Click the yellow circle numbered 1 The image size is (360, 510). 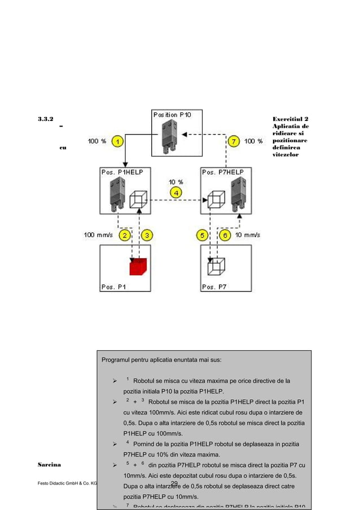pyautogui.click(x=117, y=141)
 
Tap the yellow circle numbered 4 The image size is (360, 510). pyautogui.click(x=177, y=193)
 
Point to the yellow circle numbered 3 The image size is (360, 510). pyautogui.click(x=147, y=234)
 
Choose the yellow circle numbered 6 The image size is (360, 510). pyautogui.click(x=225, y=234)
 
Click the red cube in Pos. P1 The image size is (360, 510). pyautogui.click(x=138, y=265)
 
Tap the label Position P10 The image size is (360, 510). pyautogui.click(x=172, y=115)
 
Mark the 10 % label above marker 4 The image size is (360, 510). pyautogui.click(x=176, y=182)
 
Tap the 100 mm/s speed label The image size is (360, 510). pyautogui.click(x=97, y=234)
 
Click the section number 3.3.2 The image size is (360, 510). pyautogui.click(x=46, y=120)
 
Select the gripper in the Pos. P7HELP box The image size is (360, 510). pyautogui.click(x=241, y=193)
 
